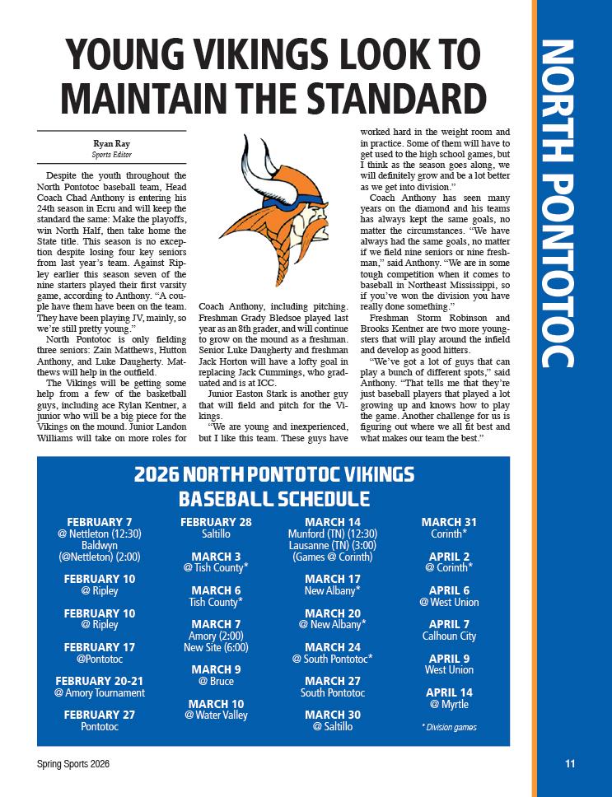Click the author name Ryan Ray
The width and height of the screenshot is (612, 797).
tap(111, 143)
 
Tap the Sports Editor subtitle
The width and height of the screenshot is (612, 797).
tap(111, 154)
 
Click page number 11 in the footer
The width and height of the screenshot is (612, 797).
tap(569, 763)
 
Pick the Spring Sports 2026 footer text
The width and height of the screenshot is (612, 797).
tap(73, 764)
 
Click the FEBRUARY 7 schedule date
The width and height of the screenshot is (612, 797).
tap(100, 522)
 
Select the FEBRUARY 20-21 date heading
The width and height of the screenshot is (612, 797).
tap(100, 681)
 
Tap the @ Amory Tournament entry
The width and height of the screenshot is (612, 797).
tap(100, 693)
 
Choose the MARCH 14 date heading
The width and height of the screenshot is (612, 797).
tap(332, 522)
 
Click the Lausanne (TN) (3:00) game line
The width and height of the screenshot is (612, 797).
tap(332, 545)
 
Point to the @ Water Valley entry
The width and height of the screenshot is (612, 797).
tap(216, 715)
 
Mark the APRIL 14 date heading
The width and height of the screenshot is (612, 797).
tap(449, 692)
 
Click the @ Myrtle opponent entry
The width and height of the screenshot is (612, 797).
tap(449, 705)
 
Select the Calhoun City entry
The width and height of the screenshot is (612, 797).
tap(449, 636)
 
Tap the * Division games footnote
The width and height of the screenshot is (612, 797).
tap(449, 727)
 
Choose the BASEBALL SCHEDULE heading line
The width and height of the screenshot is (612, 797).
tap(273, 499)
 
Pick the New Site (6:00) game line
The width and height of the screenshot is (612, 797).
tap(216, 648)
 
